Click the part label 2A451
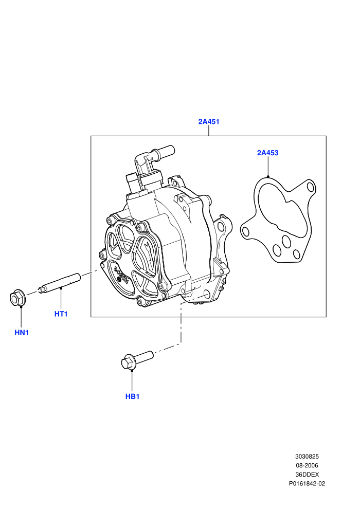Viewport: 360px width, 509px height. point(209,121)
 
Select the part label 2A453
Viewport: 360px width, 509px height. point(268,153)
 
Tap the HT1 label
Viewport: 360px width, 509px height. point(61,314)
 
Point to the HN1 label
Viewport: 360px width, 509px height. point(22,333)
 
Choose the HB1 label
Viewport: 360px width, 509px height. point(133,396)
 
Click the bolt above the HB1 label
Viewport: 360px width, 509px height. point(136,359)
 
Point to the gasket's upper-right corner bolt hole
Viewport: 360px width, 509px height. point(310,186)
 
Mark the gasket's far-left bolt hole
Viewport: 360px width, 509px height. point(246,232)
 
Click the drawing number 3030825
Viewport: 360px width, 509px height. point(307,457)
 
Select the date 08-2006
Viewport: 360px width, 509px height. point(307,465)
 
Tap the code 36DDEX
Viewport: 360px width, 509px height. point(307,475)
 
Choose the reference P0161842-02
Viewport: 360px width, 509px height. point(307,484)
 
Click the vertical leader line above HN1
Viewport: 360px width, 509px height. point(21,317)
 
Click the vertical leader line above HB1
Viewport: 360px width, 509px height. point(132,380)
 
